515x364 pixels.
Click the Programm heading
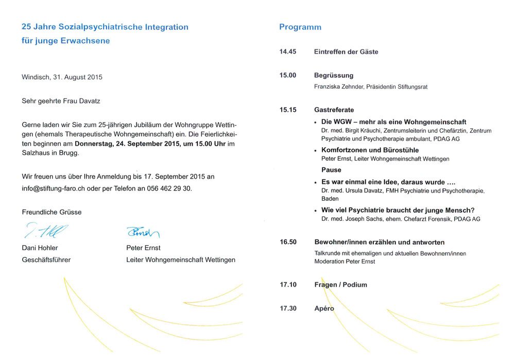coord(300,27)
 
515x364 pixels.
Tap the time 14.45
coord(288,52)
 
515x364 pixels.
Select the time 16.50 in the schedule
coord(288,242)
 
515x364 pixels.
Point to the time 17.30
coord(288,308)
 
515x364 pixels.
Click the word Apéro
coord(324,308)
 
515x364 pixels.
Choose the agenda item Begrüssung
coord(334,76)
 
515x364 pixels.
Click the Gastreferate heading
coord(334,110)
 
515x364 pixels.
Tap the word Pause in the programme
coord(331,170)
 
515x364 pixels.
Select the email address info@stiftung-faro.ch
coord(53,188)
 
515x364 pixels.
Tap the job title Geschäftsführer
coord(46,259)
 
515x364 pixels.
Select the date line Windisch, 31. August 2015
coord(62,77)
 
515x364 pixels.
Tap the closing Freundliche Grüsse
coord(51,212)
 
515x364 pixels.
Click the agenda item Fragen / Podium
coord(340,285)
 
